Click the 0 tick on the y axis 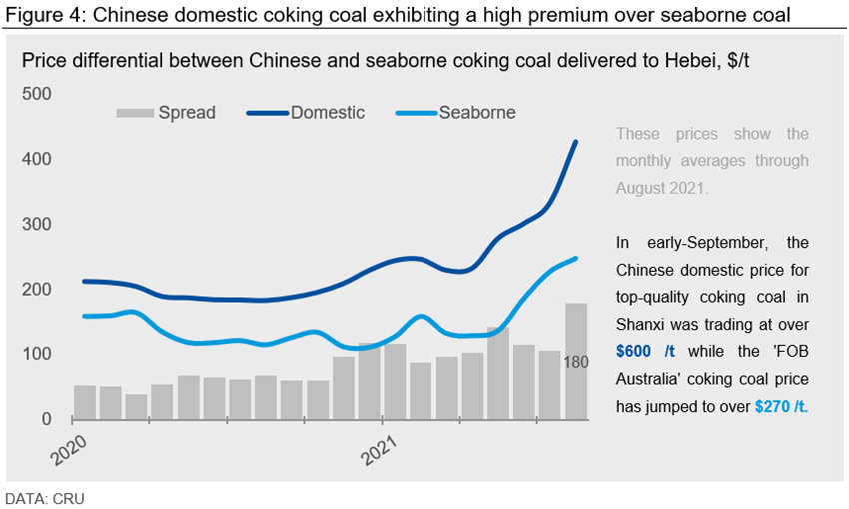coord(47,419)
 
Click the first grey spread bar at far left coord(85,402)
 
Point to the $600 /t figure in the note coord(646,352)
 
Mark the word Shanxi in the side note coord(642,325)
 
